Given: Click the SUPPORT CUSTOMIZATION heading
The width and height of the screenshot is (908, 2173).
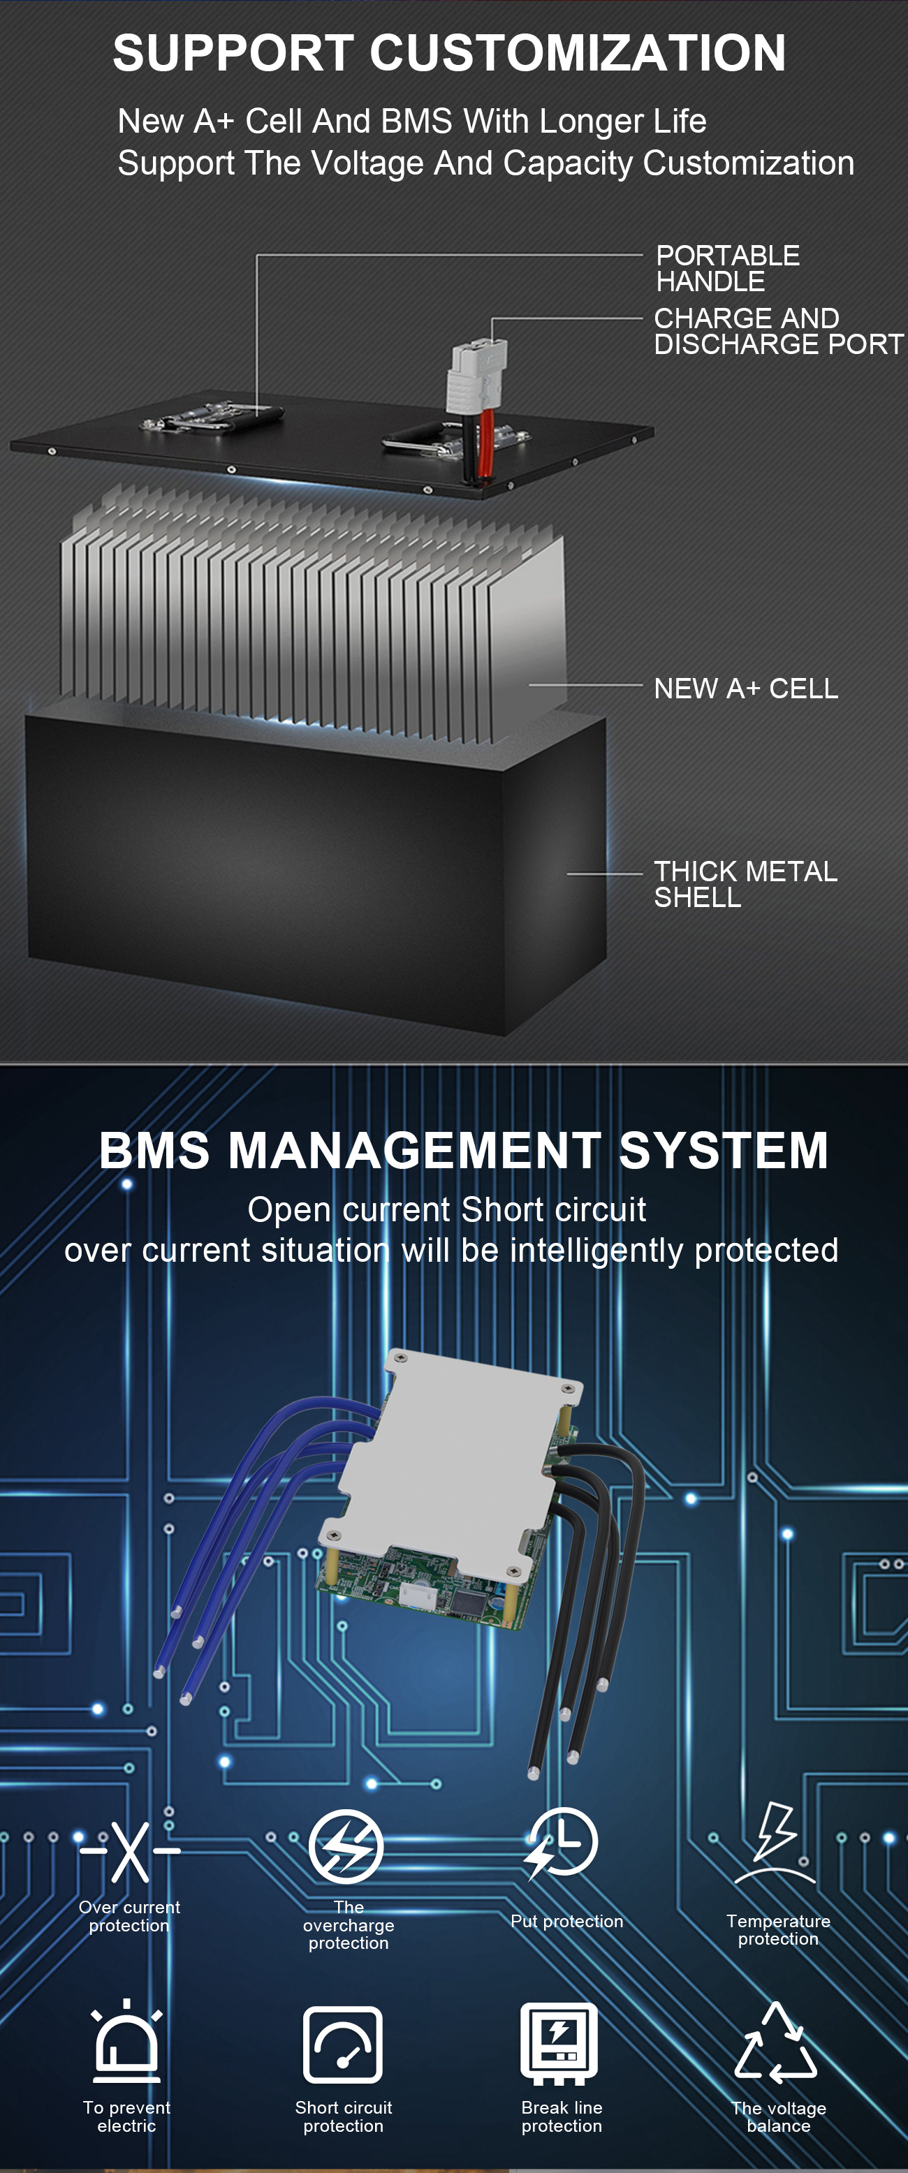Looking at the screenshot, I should point(449,53).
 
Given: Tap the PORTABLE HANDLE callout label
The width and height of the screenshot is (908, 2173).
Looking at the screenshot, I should point(727,268).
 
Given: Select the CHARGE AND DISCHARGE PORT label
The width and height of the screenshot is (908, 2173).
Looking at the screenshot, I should point(777,331).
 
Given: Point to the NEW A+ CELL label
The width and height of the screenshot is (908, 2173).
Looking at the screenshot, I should point(745,688).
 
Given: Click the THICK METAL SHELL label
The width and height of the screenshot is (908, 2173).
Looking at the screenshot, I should point(745,883).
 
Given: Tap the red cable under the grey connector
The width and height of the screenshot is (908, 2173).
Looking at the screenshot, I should point(486,443).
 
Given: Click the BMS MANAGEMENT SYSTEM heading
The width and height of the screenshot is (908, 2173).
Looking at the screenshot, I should point(463,1150).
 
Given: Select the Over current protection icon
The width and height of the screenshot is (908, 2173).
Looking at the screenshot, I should point(130,1852).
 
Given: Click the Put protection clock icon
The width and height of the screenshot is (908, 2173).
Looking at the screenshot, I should point(560,1843).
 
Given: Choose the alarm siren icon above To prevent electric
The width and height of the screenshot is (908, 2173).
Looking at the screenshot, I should point(126,2042).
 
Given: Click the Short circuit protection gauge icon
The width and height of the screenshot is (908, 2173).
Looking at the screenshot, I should point(343,2045).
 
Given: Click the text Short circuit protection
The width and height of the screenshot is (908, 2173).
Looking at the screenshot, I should point(344,2116).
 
